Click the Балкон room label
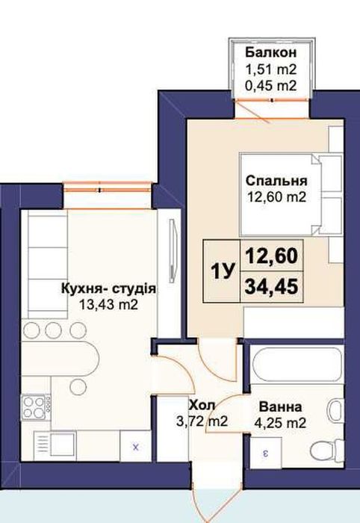click(x=271, y=53)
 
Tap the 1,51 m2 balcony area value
click(x=271, y=69)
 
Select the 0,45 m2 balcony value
click(x=271, y=86)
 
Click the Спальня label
click(x=276, y=181)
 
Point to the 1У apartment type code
click(x=223, y=271)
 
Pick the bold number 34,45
click(x=271, y=287)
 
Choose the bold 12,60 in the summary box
click(x=271, y=256)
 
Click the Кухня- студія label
click(x=108, y=288)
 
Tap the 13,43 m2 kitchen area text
click(x=108, y=305)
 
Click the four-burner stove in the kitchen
click(x=35, y=406)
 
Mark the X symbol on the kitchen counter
click(x=136, y=447)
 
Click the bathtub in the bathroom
click(x=297, y=365)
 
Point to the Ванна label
click(x=281, y=407)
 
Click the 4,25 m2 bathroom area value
click(x=280, y=423)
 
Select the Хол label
click(x=202, y=405)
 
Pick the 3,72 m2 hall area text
click(x=202, y=421)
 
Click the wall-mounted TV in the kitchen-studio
click(x=172, y=250)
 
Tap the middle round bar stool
click(x=53, y=330)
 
